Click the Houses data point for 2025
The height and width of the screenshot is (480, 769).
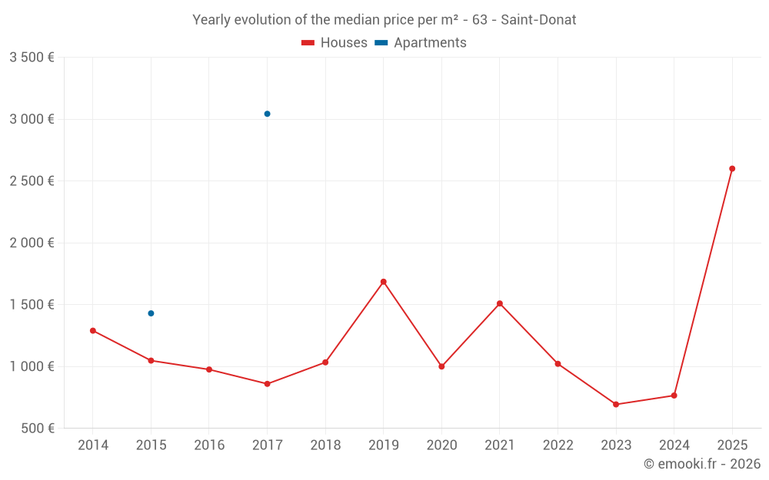point(732,168)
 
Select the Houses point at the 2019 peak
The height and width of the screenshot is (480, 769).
point(383,282)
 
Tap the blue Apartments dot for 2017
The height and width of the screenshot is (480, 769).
point(267,114)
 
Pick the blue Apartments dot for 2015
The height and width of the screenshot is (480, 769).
point(151,313)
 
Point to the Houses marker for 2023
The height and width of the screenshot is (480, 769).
point(616,404)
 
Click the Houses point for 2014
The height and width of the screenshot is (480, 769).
point(93,330)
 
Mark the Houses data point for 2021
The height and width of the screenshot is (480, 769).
point(500,303)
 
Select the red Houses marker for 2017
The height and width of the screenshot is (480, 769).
point(267,384)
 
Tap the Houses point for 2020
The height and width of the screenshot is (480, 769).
point(441,366)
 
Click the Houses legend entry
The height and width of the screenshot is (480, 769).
point(335,43)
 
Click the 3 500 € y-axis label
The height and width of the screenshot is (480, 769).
point(32,58)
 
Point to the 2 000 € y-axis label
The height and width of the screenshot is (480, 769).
point(32,243)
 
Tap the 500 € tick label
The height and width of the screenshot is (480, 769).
point(37,429)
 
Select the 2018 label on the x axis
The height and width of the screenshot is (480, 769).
point(325,445)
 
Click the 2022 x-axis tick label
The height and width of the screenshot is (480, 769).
point(558,445)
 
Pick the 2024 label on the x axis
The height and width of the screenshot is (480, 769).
point(674,445)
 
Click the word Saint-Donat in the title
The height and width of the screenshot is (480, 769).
point(538,20)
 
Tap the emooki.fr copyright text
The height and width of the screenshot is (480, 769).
point(702,464)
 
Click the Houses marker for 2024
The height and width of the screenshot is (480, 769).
point(674,396)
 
